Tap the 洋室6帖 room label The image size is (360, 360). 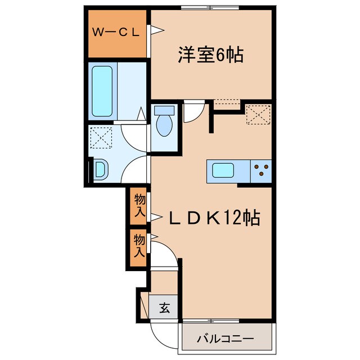point(210,55)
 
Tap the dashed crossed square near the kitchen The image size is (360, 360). point(258,115)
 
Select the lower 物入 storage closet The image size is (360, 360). point(139,245)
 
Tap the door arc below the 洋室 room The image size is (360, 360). point(192,111)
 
